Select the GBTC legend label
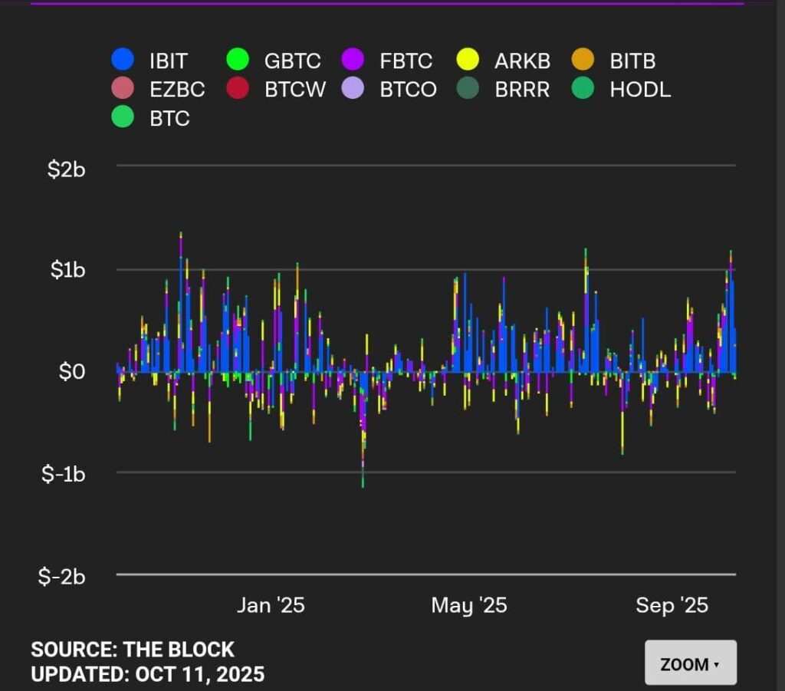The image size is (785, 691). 292,60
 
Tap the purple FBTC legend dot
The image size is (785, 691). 353,59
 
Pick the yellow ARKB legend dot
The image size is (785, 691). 468,59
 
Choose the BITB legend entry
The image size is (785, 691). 632,60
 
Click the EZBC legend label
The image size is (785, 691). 177,89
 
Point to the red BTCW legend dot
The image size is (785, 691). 238,88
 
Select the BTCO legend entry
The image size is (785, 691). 408,89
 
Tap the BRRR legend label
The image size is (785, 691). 522,89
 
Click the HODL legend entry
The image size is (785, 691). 639,89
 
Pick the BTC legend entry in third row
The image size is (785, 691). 169,119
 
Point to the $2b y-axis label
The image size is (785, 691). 67,169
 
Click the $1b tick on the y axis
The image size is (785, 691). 67,271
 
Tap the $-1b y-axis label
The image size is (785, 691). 63,474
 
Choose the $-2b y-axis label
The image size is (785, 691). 62,577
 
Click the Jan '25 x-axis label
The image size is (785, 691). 271,605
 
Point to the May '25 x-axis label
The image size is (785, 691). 469,605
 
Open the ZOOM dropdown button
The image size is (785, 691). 690,663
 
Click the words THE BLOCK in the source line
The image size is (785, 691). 179,650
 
